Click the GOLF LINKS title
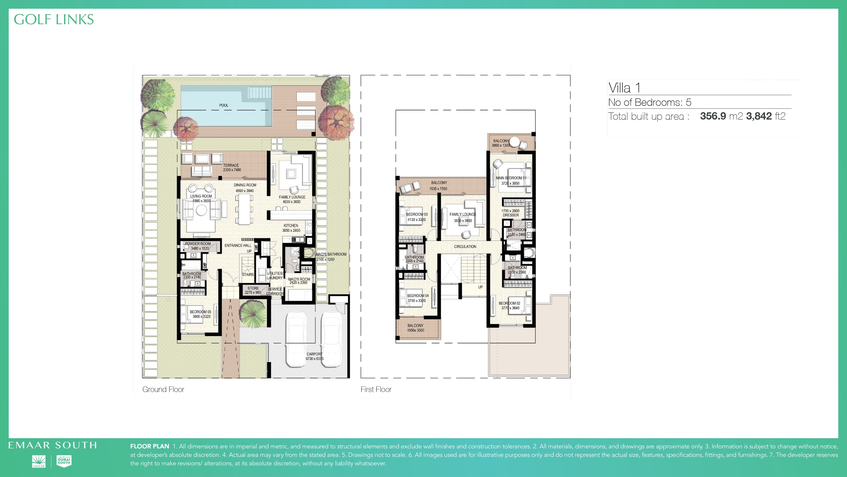54,20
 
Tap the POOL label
224,105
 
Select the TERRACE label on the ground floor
231,166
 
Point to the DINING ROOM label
245,185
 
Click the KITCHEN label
291,226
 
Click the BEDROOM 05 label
201,312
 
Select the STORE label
253,288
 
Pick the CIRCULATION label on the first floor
465,247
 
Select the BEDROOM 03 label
417,214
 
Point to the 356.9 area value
713,116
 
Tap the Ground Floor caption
163,389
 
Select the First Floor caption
376,389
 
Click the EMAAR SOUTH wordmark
53,445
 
